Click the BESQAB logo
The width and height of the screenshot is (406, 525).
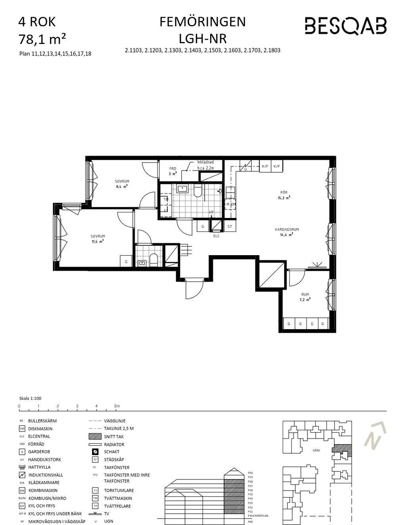(345, 26)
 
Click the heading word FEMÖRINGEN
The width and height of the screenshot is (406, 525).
(203, 22)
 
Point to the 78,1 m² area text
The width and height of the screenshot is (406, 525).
(42, 39)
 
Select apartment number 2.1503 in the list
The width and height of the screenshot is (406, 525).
(212, 50)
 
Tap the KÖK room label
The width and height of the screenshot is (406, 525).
(284, 192)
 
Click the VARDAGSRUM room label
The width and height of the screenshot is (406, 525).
(286, 229)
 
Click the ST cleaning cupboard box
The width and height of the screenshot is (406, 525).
(230, 227)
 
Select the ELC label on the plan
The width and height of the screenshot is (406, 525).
(216, 236)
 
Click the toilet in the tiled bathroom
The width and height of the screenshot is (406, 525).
(198, 192)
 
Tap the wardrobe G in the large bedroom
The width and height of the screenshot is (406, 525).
(126, 262)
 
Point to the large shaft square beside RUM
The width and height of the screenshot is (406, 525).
(272, 275)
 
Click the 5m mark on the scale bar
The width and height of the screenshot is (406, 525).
(116, 406)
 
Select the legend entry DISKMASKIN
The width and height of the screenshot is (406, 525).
(40, 429)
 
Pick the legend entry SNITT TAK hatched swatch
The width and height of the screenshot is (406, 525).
(95, 436)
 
